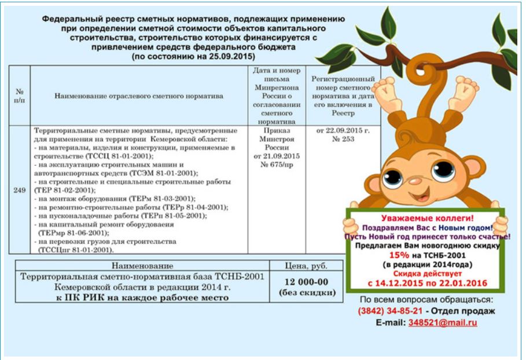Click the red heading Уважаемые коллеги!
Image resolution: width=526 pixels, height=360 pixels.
point(427,218)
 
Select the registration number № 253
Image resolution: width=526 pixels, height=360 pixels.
point(343,139)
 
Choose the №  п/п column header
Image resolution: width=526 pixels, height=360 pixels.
point(20,96)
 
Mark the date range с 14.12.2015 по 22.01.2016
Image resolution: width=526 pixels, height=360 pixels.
point(427,284)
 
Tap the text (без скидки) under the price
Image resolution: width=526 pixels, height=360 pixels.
point(307,292)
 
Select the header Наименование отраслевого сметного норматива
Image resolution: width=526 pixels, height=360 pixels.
point(139,96)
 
